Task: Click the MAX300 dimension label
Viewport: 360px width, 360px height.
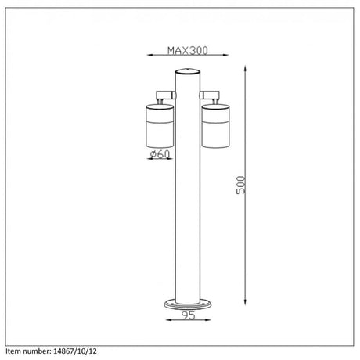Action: pyautogui.click(x=188, y=50)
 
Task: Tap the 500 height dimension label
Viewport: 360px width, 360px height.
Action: pyautogui.click(x=241, y=185)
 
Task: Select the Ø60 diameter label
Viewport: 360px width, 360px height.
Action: pyautogui.click(x=160, y=154)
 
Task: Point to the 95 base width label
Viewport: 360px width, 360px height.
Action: pyautogui.click(x=189, y=315)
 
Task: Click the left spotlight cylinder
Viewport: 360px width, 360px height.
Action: pyautogui.click(x=160, y=126)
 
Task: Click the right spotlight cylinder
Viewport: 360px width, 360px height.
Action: pyautogui.click(x=215, y=126)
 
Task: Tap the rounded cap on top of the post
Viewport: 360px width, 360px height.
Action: pyautogui.click(x=188, y=71)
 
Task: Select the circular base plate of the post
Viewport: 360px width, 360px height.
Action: pyautogui.click(x=188, y=304)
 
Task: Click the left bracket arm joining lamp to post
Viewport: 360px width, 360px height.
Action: pyautogui.click(x=166, y=95)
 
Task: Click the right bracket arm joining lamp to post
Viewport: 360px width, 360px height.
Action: pyautogui.click(x=210, y=95)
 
